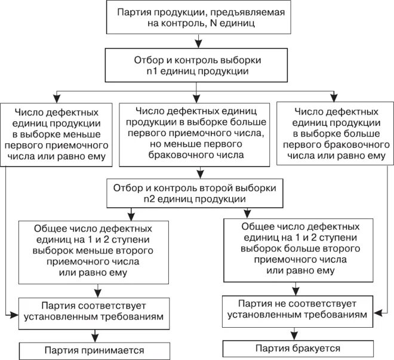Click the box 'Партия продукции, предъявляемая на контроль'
coord(197,18)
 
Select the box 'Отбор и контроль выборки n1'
coord(196,66)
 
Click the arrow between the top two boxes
coord(196,42)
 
